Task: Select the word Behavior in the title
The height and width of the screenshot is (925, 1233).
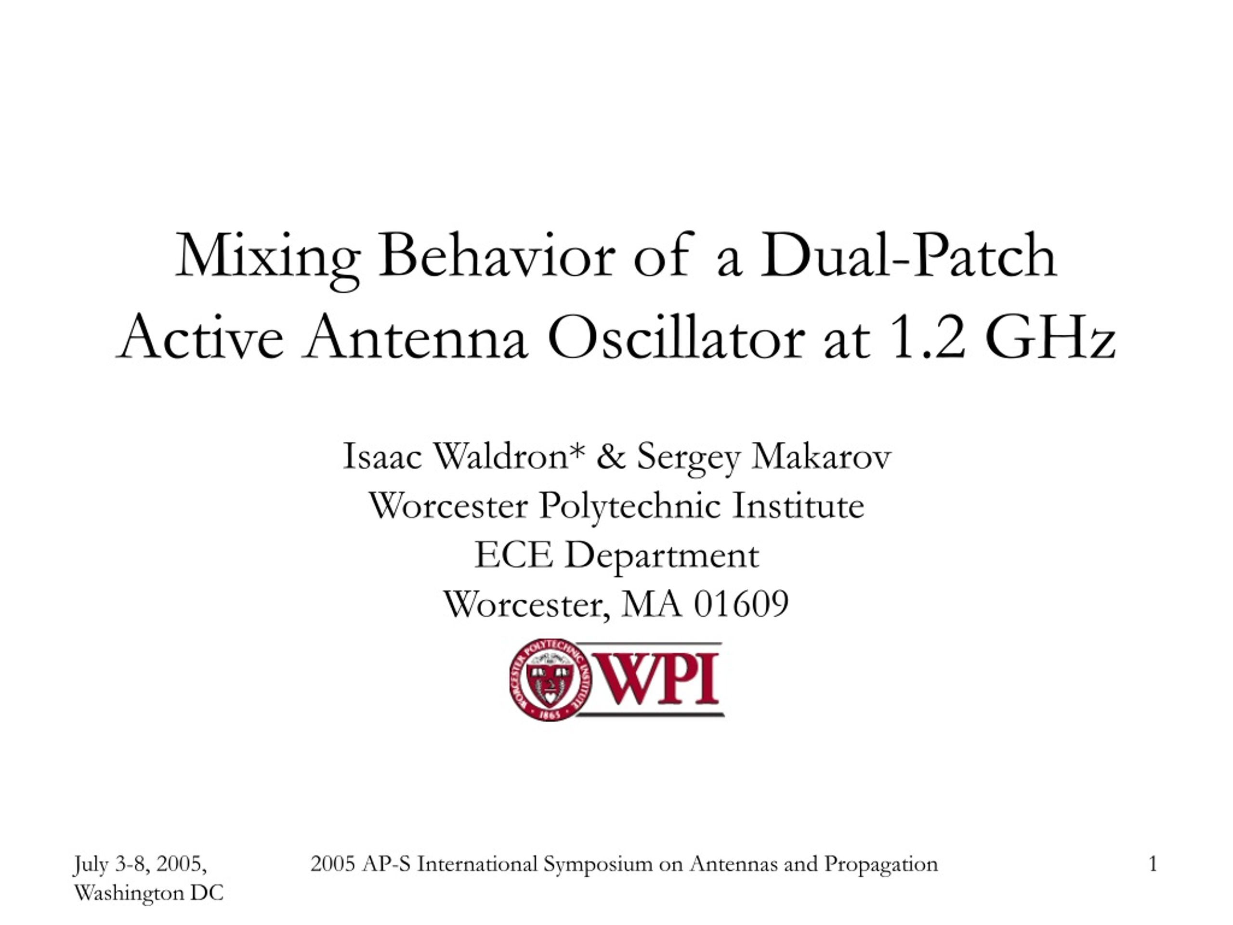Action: (496, 255)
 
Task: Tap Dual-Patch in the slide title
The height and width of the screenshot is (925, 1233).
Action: (908, 255)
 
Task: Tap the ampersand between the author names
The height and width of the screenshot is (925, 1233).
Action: (610, 456)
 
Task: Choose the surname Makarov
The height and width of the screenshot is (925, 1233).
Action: (821, 456)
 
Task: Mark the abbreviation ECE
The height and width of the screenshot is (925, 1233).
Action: (513, 555)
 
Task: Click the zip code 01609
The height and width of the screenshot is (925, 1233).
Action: (741, 605)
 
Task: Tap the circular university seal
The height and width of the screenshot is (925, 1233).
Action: (551, 680)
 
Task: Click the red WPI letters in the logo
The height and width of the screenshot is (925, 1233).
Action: (657, 679)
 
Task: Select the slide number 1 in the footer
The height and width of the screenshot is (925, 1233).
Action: (1154, 864)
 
